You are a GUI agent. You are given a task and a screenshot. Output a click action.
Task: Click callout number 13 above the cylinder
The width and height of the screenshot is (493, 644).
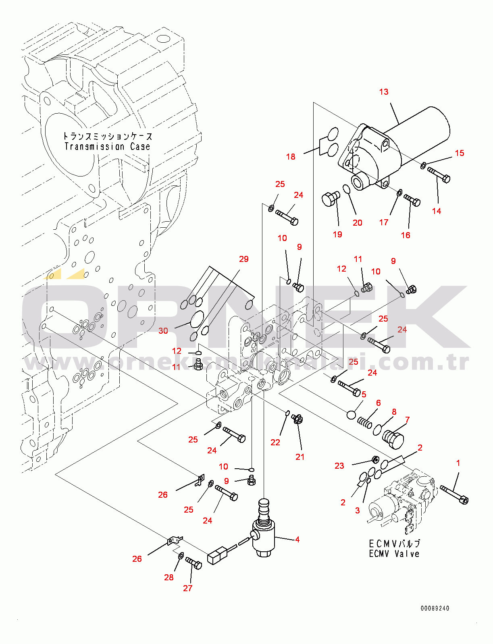(x=383, y=92)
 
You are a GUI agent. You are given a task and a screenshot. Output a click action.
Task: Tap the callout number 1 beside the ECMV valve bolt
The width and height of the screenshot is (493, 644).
(x=458, y=463)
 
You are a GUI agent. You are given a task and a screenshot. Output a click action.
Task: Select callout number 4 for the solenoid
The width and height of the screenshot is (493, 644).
(x=297, y=539)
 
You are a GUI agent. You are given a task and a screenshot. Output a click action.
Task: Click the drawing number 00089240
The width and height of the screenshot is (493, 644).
(x=435, y=608)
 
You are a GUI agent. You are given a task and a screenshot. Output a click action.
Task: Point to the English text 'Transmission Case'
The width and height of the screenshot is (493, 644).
(x=107, y=146)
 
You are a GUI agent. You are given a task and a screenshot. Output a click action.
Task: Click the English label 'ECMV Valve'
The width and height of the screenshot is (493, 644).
(x=394, y=554)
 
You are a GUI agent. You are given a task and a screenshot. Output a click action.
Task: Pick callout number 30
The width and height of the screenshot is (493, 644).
(x=163, y=331)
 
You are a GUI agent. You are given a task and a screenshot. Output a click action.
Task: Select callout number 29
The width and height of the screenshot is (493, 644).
(x=243, y=259)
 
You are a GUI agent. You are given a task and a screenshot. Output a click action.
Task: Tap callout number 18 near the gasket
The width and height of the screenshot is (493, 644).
(x=291, y=157)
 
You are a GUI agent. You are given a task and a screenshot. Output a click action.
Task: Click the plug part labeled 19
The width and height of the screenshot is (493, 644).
(x=330, y=199)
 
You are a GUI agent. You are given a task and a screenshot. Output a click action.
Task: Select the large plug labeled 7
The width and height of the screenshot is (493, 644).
(x=393, y=438)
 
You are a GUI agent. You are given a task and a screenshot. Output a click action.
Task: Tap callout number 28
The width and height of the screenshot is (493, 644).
(x=168, y=578)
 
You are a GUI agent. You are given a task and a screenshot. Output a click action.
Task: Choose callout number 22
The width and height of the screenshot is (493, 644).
(x=275, y=442)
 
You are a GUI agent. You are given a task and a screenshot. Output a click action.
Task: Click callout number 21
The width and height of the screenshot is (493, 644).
(x=300, y=457)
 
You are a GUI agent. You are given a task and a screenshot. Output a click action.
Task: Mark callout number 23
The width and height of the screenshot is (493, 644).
(x=339, y=466)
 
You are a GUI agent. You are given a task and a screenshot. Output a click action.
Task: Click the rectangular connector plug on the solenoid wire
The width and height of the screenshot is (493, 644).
(x=217, y=556)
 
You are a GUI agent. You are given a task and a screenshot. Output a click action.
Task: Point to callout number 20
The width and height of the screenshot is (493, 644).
(x=357, y=223)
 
